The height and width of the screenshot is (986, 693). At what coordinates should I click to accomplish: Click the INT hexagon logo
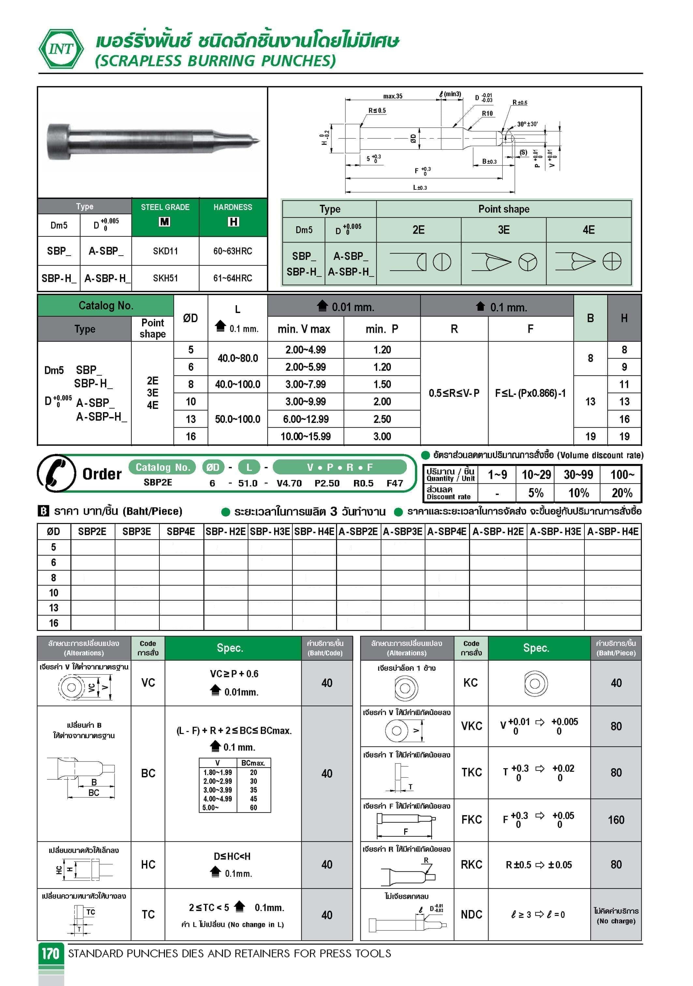[x=61, y=49]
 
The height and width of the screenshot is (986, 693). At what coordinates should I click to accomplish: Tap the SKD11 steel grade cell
[x=165, y=251]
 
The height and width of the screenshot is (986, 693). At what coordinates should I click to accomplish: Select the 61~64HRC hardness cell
[x=233, y=278]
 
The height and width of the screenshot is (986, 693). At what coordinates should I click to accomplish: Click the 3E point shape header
[x=504, y=230]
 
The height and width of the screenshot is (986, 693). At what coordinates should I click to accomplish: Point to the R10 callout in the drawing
[x=487, y=113]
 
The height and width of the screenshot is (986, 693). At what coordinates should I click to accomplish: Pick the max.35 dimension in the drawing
[x=392, y=96]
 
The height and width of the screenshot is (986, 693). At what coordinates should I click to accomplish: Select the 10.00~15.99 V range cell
[x=305, y=437]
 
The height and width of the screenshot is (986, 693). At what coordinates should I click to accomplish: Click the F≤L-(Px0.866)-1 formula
[x=530, y=393]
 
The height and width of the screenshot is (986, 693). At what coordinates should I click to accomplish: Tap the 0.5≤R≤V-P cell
[x=454, y=393]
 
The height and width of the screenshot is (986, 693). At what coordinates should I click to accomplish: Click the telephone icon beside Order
[x=56, y=473]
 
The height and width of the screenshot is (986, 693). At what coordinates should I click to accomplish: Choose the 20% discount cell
[x=622, y=493]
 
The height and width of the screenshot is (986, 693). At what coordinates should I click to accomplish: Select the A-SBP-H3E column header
[x=555, y=532]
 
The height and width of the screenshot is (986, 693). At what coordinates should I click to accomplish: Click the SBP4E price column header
[x=181, y=532]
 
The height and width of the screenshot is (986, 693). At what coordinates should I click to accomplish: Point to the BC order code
[x=148, y=773]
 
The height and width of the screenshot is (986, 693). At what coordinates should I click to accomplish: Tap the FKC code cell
[x=471, y=820]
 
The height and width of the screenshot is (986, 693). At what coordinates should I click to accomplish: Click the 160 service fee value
[x=616, y=820]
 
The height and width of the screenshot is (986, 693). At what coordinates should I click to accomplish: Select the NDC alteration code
[x=471, y=915]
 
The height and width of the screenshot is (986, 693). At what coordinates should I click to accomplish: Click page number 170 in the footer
[x=51, y=953]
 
